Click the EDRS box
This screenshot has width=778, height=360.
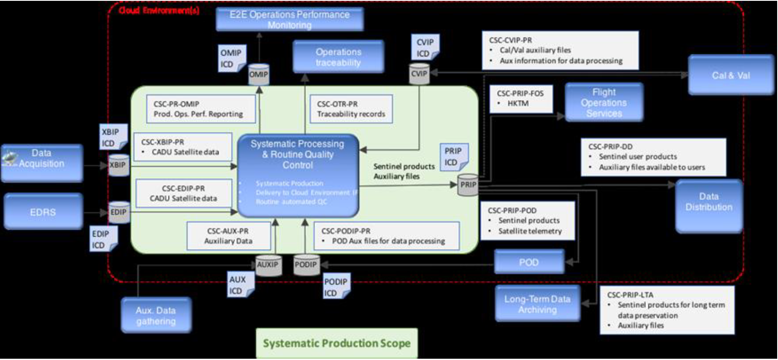43,211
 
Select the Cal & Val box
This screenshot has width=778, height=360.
731,75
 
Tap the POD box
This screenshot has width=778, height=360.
529,262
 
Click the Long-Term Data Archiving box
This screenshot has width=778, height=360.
537,304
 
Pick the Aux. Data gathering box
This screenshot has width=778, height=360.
156,315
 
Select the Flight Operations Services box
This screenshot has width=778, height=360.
604,103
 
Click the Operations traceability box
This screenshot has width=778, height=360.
338,57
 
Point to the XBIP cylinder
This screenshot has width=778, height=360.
118,165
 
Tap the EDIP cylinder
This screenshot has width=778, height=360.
118,212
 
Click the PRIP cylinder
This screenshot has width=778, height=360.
468,185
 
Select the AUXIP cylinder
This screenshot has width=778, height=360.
268,265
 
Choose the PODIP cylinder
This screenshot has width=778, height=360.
306,265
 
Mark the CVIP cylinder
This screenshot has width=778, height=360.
419,74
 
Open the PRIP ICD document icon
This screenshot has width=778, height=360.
453,157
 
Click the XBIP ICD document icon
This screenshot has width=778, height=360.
113,137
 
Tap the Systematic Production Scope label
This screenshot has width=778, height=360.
336,343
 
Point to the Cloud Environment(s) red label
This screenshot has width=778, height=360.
159,11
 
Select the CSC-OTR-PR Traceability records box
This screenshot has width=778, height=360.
351,109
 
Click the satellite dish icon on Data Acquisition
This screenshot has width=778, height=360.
9,159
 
